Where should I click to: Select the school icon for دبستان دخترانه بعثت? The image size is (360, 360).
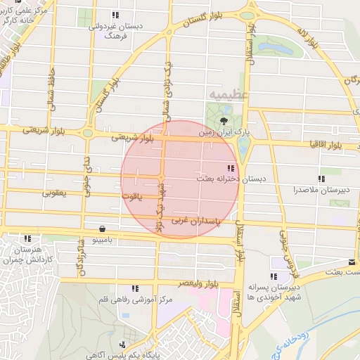point(230,167)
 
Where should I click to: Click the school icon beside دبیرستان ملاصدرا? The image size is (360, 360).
point(321,179)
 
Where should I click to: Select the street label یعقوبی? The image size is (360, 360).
point(54,192)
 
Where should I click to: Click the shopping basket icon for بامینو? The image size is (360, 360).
point(103,229)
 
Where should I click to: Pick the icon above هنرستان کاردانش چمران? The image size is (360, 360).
point(27,239)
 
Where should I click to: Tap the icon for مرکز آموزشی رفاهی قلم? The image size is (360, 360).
point(134,288)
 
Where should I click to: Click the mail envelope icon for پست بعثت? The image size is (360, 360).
point(350,262)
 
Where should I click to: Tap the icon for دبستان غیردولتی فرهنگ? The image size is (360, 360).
point(115,15)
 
